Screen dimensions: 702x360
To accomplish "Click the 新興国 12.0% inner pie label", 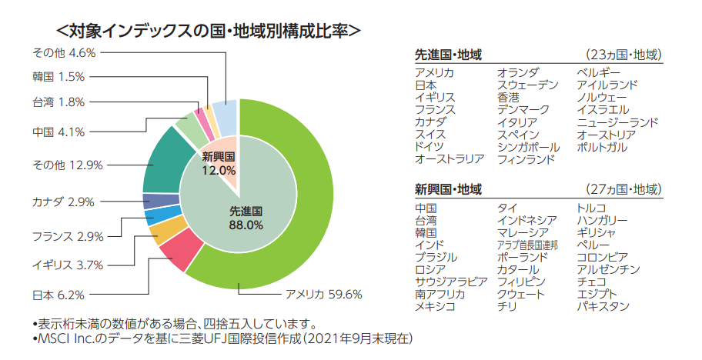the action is [x=219, y=163].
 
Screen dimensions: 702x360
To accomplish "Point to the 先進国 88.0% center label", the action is [x=246, y=218].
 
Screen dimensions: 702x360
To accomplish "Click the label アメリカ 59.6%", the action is [x=324, y=295].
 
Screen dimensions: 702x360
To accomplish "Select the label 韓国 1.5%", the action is [x=58, y=76].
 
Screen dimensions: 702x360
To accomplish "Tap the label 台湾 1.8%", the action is [x=58, y=102].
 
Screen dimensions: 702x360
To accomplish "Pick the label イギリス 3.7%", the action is [x=68, y=265].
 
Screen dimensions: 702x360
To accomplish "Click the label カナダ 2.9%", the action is [x=63, y=202].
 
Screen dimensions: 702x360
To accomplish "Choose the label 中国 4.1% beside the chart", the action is [x=58, y=132].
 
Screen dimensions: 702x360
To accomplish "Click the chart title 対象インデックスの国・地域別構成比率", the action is [x=209, y=31].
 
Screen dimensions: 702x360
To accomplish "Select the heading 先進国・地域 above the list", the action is [x=448, y=55].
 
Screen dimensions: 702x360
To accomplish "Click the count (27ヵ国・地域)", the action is [x=623, y=189].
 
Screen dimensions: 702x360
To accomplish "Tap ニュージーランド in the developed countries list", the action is [x=617, y=122].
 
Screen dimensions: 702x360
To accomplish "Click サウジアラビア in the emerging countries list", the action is [x=451, y=282].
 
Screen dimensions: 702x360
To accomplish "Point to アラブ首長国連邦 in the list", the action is [x=527, y=245].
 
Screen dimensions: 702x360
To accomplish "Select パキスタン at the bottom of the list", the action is [x=603, y=306].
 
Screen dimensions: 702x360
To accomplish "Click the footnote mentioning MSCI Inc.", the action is [x=222, y=338].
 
